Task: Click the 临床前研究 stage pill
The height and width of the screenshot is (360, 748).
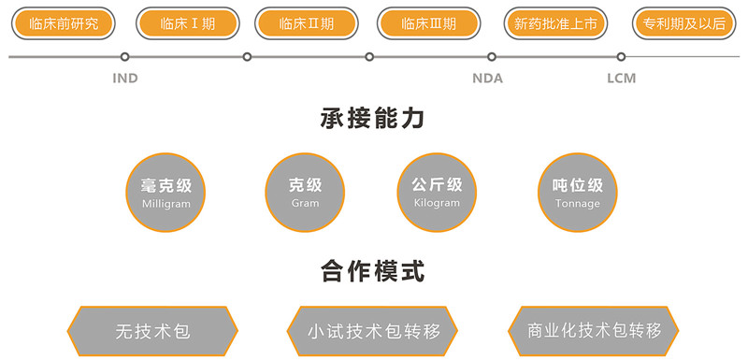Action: click(x=64, y=23)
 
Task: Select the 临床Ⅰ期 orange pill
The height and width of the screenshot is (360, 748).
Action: click(x=188, y=23)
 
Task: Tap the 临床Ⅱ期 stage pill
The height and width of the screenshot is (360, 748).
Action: click(x=307, y=23)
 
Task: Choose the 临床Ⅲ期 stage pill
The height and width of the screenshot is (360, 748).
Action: click(x=428, y=23)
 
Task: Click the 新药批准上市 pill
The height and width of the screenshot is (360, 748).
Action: click(x=555, y=23)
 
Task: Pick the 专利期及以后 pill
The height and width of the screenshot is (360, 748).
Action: click(x=683, y=23)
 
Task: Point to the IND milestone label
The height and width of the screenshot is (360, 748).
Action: click(x=125, y=79)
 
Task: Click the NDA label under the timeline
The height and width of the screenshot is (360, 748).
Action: click(x=487, y=79)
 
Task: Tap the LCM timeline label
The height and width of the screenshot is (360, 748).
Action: click(x=621, y=79)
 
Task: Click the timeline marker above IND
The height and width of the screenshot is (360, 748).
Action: click(x=125, y=57)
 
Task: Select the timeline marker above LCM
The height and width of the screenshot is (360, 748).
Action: click(x=621, y=57)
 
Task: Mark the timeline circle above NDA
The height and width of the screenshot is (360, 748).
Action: click(x=492, y=57)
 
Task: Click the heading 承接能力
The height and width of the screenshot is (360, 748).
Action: click(x=372, y=118)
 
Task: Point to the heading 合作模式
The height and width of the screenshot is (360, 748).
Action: click(x=372, y=271)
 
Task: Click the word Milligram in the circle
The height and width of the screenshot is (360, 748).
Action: click(x=166, y=204)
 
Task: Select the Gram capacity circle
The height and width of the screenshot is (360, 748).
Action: click(x=305, y=193)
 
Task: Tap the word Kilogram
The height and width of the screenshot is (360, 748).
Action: click(x=437, y=203)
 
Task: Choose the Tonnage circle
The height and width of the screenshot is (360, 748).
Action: click(x=577, y=193)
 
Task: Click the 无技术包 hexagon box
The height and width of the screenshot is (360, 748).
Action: click(x=152, y=331)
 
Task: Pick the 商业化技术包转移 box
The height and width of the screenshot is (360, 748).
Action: click(x=594, y=331)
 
